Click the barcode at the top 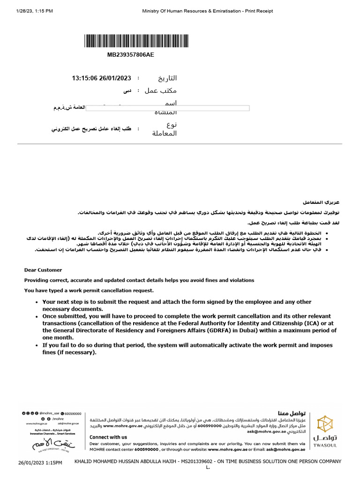131,41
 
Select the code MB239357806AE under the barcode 131,55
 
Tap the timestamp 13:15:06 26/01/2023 101,78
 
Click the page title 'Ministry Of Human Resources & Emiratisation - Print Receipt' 207,11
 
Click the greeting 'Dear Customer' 43,270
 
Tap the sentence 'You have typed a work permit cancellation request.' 89,290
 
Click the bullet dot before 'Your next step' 37,302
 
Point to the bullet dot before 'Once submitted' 37,316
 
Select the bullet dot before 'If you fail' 37,345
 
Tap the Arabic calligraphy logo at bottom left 47,443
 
